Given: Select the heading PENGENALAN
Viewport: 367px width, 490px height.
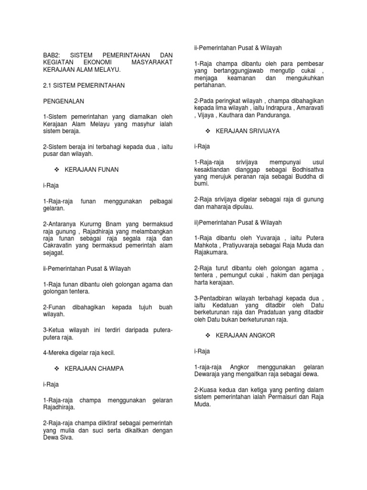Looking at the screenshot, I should click(x=63, y=101).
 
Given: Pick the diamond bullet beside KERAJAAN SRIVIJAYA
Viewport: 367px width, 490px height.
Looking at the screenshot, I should click(x=208, y=131).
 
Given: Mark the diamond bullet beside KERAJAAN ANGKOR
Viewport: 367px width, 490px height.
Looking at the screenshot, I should click(x=208, y=335).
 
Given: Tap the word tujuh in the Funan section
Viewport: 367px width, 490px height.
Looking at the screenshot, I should click(x=137, y=307).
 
